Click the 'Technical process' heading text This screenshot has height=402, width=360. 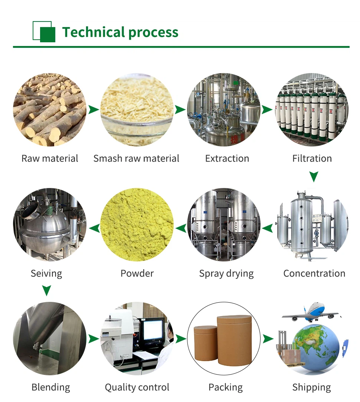(120, 32)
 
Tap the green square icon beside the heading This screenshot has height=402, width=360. (44, 32)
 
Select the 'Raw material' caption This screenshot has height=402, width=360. (50, 158)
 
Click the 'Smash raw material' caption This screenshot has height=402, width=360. (136, 158)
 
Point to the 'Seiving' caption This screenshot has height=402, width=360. (46, 273)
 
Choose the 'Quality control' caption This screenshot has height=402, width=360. (137, 387)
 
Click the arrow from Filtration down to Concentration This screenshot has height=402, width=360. (314, 177)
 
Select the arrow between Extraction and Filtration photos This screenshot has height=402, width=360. (267, 110)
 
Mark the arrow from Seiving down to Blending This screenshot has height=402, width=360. (46, 290)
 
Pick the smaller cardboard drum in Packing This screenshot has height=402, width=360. (205, 343)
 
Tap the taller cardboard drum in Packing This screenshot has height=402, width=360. (234, 339)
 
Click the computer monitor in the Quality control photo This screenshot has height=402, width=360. (153, 330)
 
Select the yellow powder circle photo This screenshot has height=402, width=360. (137, 224)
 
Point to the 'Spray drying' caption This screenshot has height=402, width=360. (226, 273)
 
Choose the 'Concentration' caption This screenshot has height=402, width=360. (314, 273)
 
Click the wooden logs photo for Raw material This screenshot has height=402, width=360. (50, 110)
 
